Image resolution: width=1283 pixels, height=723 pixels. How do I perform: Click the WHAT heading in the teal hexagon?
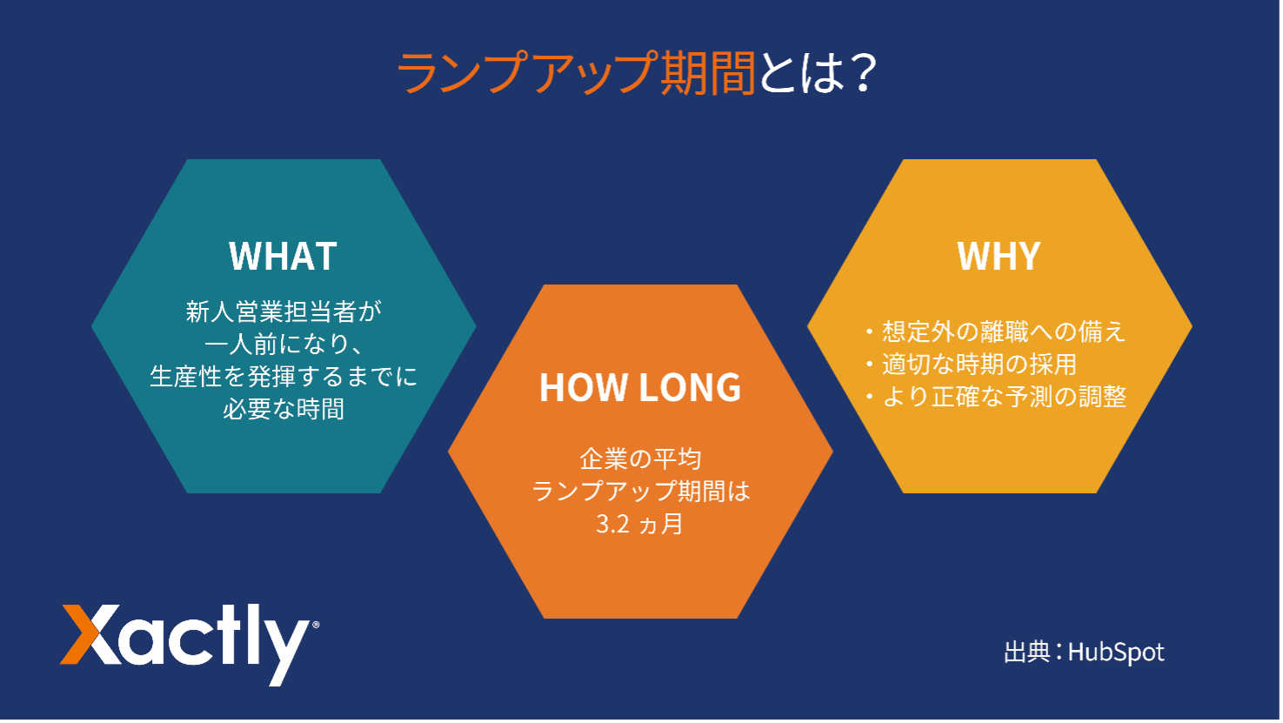283,256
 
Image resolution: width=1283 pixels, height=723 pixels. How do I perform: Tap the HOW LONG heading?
640,387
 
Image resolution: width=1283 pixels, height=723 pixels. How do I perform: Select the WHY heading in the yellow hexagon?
999,256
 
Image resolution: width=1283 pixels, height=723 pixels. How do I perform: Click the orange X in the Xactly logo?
91,634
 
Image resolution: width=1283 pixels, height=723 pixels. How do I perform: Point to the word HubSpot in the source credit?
1116,653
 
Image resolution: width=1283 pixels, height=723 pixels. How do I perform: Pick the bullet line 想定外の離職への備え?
997,331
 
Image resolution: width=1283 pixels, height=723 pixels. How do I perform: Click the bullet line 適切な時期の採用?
972,365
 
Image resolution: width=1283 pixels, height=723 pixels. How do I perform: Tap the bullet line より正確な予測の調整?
997,397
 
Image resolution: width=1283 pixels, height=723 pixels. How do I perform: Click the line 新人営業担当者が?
284,312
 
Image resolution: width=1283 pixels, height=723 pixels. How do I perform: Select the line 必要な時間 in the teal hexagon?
284,410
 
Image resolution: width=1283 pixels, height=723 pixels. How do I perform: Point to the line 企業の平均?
640,459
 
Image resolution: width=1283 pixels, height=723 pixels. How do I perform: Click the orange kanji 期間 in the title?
708,73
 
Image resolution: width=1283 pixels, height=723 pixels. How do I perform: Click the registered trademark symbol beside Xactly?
316,625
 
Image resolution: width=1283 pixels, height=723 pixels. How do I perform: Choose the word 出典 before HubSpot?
1027,653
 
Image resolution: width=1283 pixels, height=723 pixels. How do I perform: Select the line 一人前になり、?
284,345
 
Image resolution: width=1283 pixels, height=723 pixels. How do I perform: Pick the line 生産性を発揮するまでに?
284,377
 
